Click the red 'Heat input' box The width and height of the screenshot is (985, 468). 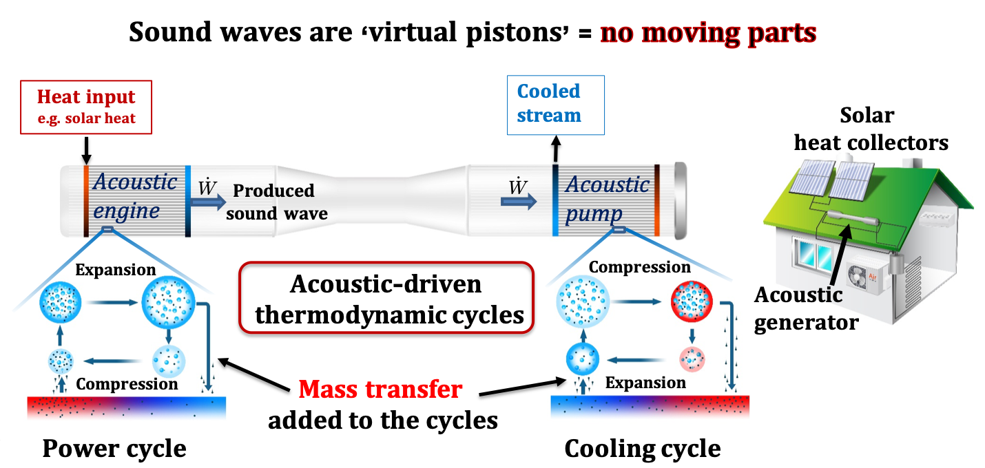[86, 107]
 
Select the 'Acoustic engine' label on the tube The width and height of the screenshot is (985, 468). [135, 196]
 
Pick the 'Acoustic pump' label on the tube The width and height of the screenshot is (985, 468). [606, 200]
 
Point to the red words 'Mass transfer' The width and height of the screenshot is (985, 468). [380, 390]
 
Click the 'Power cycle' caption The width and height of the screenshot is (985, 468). [114, 449]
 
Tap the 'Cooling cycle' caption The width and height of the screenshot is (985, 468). [642, 449]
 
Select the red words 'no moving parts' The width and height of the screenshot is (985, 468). [708, 33]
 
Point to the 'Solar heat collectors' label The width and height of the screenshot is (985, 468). [871, 129]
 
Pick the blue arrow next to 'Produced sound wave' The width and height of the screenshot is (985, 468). [207, 201]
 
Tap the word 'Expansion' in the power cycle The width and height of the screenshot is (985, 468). [116, 270]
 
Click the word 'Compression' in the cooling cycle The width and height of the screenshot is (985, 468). [640, 267]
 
